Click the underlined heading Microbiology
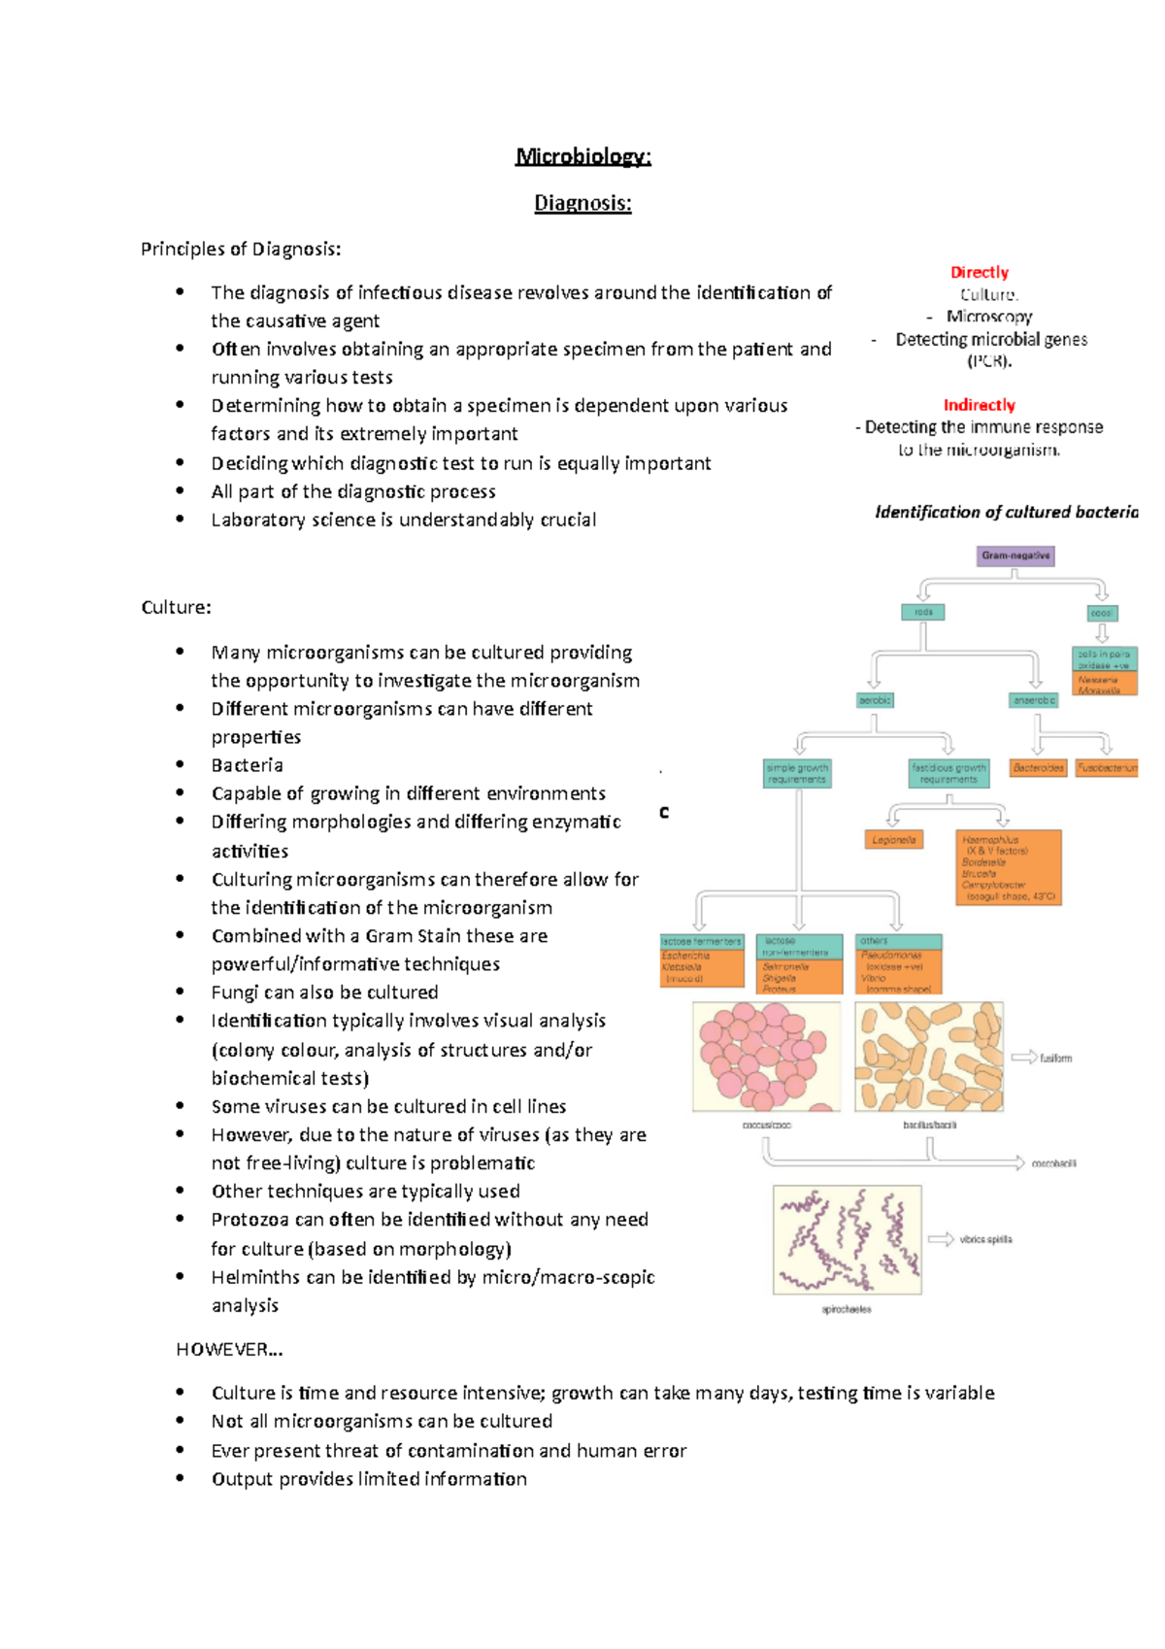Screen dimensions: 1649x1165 coord(582,156)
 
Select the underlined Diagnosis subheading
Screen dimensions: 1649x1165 coord(582,203)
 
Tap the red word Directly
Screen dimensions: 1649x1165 coord(979,273)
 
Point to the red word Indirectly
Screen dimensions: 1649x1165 coord(979,405)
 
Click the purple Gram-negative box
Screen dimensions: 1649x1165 coord(1015,555)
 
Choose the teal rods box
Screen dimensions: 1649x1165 coord(922,612)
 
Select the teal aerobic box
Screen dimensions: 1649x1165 coord(875,700)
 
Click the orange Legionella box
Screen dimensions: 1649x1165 coord(893,840)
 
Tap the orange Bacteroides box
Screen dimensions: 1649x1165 coord(1038,768)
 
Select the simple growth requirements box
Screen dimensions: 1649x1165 coord(797,773)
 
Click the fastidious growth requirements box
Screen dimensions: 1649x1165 coord(949,773)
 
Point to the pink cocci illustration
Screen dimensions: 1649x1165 coord(766,1057)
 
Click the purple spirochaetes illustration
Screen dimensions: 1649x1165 coord(847,1239)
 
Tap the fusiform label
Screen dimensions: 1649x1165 coord(1055,1059)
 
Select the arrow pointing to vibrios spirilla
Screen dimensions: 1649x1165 coord(940,1239)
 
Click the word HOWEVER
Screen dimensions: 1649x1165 coord(229,1349)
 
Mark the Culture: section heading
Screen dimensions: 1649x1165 coord(176,608)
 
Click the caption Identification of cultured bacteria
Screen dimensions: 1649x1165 coord(1006,512)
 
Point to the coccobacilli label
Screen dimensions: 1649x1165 coord(1053,1163)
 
